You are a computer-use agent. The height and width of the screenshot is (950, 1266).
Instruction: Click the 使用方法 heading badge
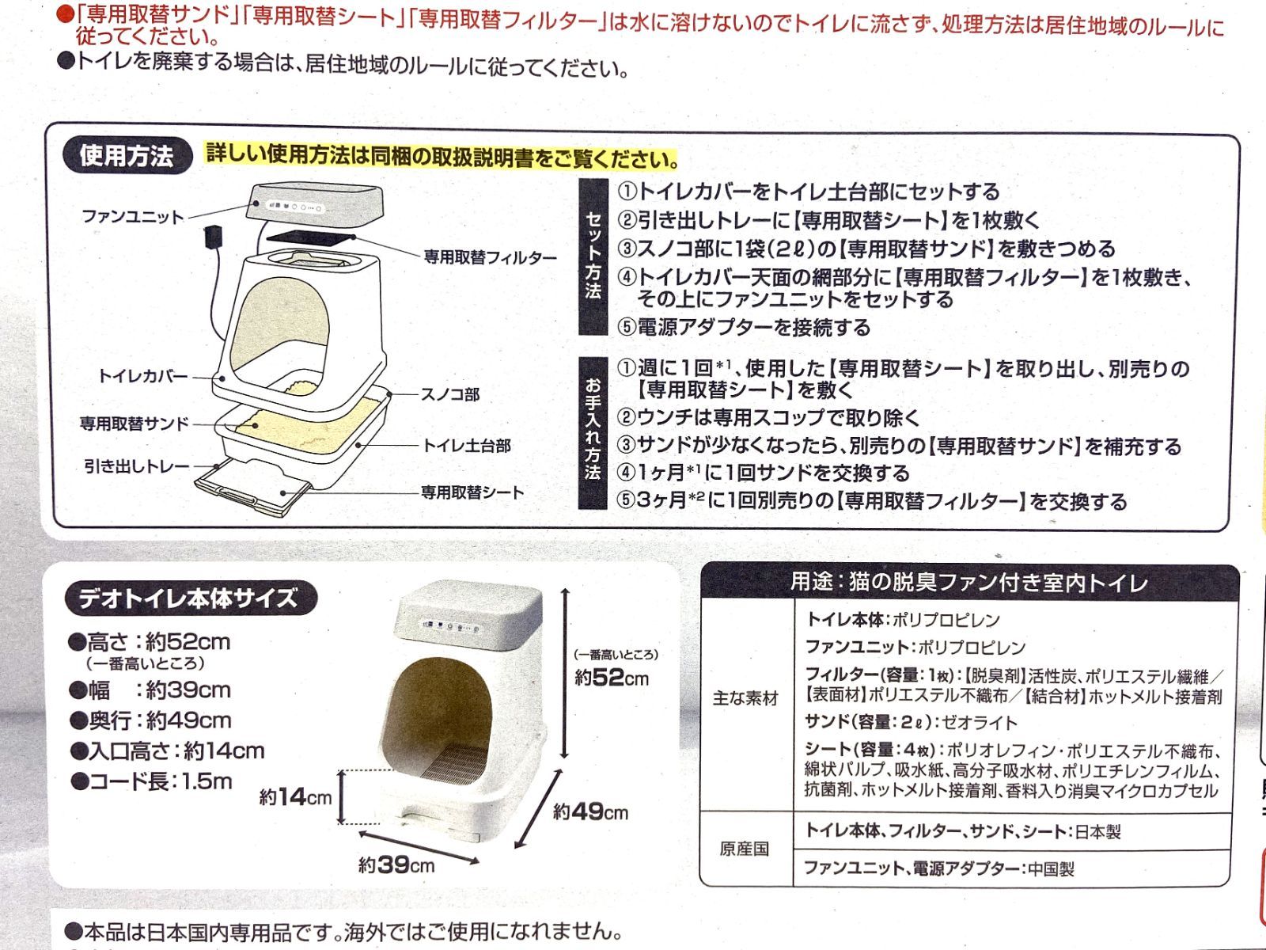click(127, 156)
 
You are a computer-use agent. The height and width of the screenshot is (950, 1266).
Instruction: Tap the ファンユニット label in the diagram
click(133, 216)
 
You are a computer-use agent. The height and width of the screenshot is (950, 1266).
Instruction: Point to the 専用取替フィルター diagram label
click(490, 257)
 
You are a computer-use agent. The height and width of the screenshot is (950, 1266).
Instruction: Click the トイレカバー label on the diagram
click(143, 375)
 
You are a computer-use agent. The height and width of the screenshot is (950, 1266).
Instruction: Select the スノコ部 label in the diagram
click(449, 394)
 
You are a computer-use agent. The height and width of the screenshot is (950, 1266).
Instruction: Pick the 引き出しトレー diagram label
click(137, 466)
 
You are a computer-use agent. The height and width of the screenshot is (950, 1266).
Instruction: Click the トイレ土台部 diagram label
click(467, 446)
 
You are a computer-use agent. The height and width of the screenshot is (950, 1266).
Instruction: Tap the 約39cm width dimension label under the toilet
click(396, 865)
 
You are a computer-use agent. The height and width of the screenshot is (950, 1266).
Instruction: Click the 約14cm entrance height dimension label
click(295, 797)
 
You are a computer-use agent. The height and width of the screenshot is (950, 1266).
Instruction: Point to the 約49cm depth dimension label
click(590, 812)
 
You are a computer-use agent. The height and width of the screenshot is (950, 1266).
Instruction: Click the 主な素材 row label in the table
click(745, 699)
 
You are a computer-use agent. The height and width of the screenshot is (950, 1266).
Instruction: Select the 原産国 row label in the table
click(744, 849)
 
